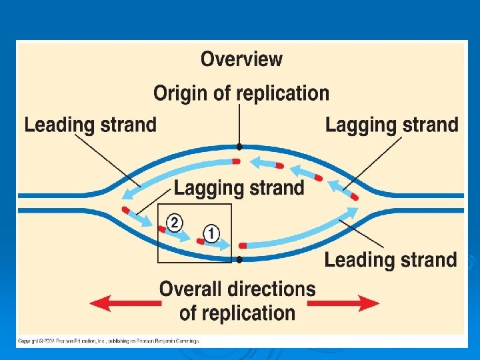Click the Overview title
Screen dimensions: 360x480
(241, 59)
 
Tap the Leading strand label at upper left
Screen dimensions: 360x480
(90, 125)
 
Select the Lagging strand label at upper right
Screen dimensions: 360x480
(392, 125)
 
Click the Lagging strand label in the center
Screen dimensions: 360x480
(239, 188)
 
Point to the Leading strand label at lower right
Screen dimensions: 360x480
(391, 259)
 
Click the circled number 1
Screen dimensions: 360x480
(211, 233)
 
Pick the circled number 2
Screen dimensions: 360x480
(173, 222)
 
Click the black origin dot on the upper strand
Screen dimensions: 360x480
(239, 147)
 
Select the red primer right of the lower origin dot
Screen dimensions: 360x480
(243, 246)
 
